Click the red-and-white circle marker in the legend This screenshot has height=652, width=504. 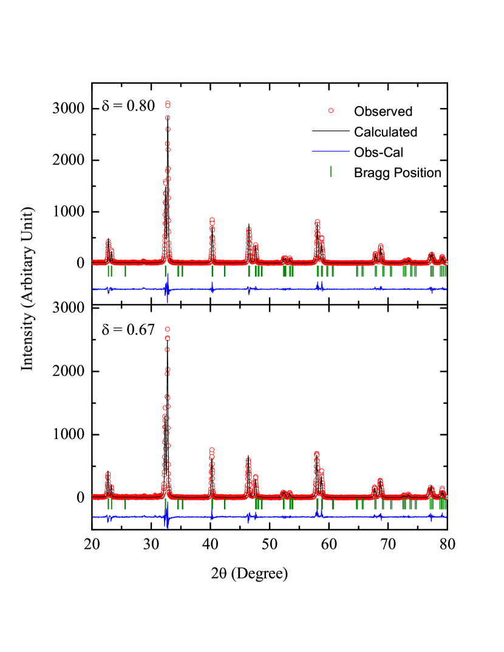(x=331, y=110)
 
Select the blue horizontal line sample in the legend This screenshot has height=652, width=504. (x=331, y=151)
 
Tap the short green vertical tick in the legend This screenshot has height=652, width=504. (x=331, y=172)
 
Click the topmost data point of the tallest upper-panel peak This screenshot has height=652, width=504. (x=168, y=104)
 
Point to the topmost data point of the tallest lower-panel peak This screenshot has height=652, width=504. (x=167, y=329)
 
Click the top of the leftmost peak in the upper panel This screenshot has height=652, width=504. (x=108, y=241)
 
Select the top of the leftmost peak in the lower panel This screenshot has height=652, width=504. (x=107, y=474)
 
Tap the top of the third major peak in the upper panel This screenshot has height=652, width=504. (x=212, y=220)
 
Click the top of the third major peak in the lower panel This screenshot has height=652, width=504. (x=211, y=450)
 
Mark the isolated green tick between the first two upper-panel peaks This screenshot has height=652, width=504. (x=125, y=271)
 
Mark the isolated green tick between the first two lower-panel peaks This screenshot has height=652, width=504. (x=125, y=504)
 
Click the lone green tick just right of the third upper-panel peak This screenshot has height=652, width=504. (x=224, y=271)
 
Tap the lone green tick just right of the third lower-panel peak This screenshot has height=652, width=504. (x=224, y=504)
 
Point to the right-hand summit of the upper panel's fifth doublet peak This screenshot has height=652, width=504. (x=321, y=238)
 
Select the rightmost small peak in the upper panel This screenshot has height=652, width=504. (x=442, y=256)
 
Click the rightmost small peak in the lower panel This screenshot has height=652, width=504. (x=441, y=488)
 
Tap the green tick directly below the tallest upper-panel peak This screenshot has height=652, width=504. (x=165, y=271)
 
